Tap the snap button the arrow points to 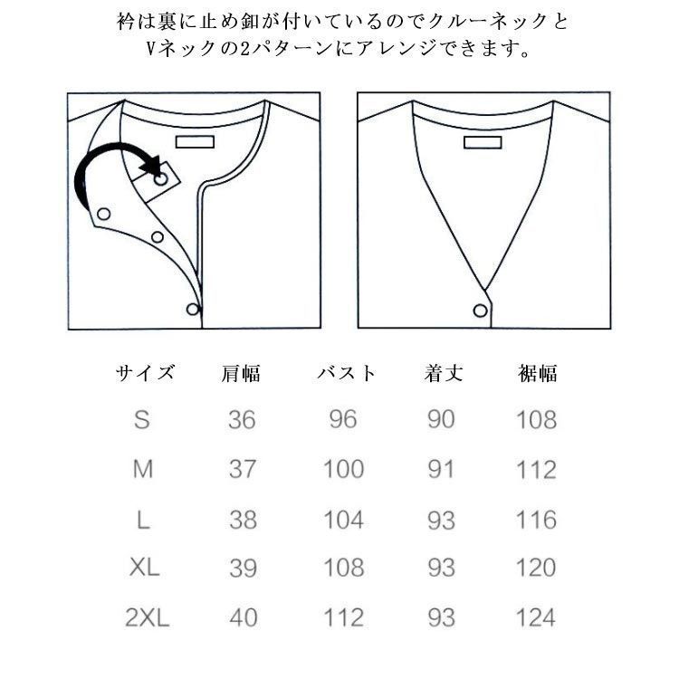pyautogui.click(x=160, y=180)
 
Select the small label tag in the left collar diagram pyautogui.click(x=193, y=142)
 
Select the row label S pyautogui.click(x=142, y=420)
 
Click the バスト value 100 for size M pyautogui.click(x=344, y=470)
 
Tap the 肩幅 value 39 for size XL pyautogui.click(x=242, y=569)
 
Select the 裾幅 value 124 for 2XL pyautogui.click(x=536, y=618)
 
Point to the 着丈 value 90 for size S pyautogui.click(x=441, y=420)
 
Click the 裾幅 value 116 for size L pyautogui.click(x=536, y=520)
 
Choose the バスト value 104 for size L pyautogui.click(x=344, y=520)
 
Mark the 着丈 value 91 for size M pyautogui.click(x=441, y=470)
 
